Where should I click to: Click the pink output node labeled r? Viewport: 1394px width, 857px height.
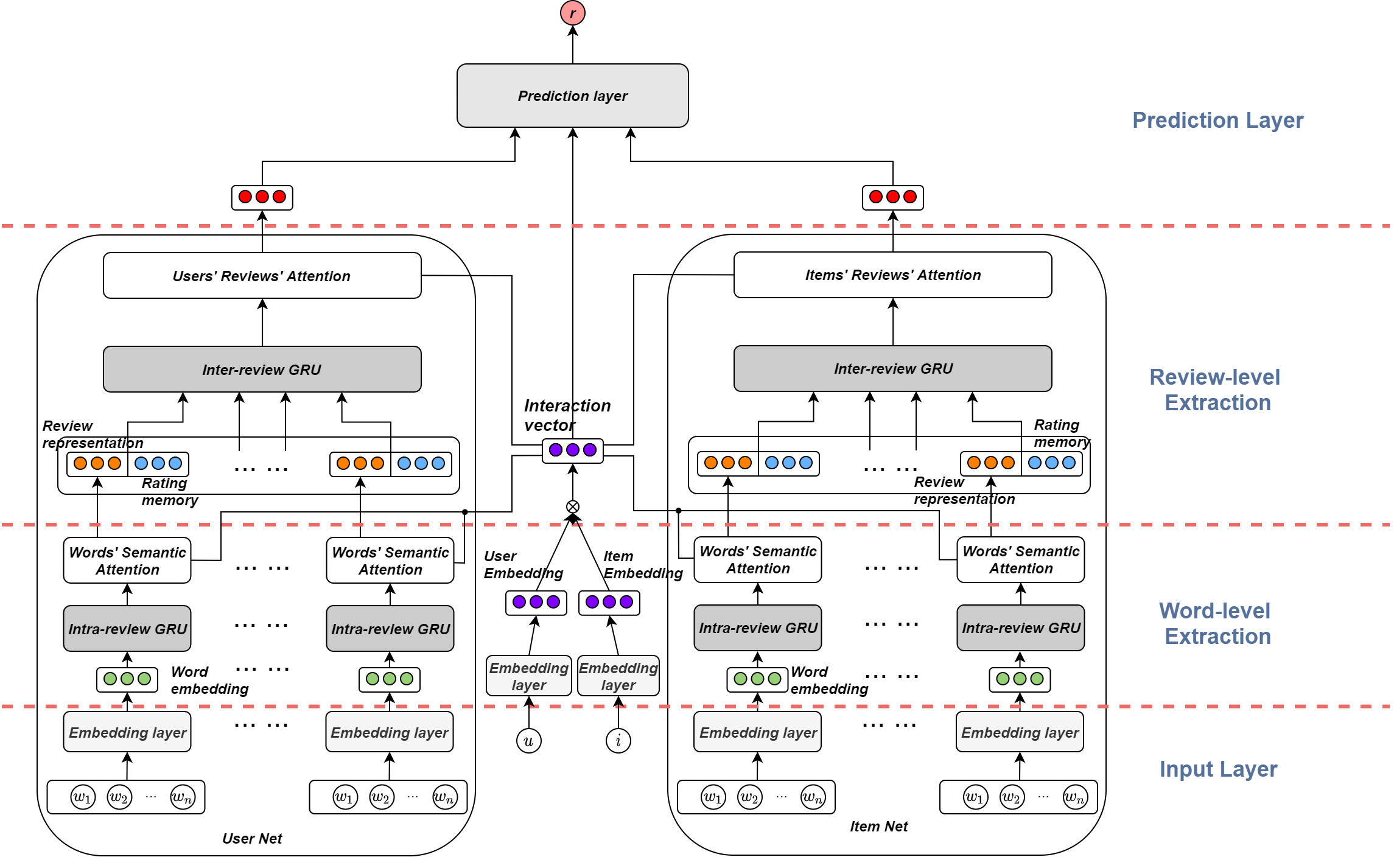click(572, 13)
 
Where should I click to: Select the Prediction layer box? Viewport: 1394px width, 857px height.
click(572, 96)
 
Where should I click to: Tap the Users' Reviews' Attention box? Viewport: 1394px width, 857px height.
click(262, 276)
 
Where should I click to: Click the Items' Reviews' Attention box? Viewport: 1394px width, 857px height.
click(892, 275)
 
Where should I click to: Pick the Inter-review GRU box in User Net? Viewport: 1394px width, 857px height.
click(262, 369)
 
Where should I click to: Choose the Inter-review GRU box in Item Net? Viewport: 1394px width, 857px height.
click(892, 368)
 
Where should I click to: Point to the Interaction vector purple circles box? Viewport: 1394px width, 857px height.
click(572, 450)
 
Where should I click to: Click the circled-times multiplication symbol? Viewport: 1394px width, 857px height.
click(572, 506)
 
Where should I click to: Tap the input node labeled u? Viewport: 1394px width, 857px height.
click(528, 741)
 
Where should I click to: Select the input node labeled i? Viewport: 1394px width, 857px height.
click(618, 741)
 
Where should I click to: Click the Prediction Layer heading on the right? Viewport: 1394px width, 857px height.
click(1217, 121)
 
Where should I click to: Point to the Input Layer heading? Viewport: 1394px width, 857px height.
click(1217, 769)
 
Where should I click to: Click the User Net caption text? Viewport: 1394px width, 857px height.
click(252, 839)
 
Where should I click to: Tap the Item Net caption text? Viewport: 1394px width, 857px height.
click(878, 827)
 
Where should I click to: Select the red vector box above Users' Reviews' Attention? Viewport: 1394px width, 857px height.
click(262, 197)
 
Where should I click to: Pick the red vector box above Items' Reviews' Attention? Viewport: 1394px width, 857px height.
click(892, 197)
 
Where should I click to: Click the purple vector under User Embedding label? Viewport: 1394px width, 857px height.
click(536, 603)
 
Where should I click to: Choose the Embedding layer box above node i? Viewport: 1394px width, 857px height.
click(618, 676)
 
